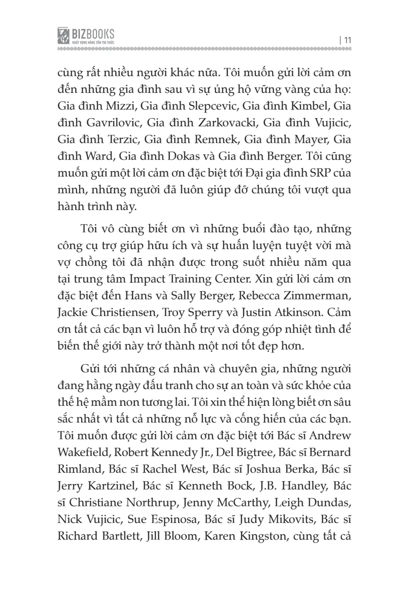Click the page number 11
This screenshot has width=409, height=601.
point(348,40)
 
